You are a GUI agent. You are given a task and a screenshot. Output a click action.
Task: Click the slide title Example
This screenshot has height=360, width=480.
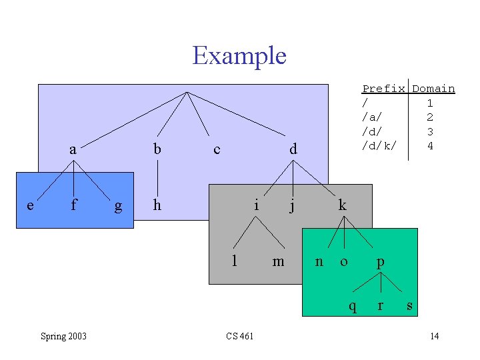coord(239,55)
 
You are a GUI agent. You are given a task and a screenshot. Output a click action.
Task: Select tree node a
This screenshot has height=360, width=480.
coord(73,150)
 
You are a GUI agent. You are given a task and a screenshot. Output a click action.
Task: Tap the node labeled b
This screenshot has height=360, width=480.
coord(157,150)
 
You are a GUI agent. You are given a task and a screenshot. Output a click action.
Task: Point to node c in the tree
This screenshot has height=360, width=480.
coord(217,150)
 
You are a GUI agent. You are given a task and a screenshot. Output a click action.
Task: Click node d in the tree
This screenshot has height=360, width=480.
coord(293,150)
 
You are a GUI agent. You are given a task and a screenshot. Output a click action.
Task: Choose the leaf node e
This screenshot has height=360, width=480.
coord(30,205)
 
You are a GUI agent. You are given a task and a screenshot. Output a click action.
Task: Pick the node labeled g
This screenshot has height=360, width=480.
coord(118,206)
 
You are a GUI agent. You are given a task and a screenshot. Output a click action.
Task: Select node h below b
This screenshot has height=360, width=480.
coord(157,205)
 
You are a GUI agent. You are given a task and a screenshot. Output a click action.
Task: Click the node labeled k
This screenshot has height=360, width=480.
coord(342,205)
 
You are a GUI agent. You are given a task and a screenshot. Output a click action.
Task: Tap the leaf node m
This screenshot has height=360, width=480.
coord(278,261)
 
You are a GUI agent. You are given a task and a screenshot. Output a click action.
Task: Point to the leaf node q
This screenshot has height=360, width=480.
coord(353,307)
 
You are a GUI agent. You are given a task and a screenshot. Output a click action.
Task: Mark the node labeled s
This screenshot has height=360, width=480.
coord(409,306)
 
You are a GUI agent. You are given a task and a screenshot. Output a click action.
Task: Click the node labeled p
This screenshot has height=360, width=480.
coord(380,262)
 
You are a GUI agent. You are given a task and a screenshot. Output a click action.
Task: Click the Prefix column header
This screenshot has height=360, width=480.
coord(383,89)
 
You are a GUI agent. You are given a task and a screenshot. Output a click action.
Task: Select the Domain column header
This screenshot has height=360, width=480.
coord(433,89)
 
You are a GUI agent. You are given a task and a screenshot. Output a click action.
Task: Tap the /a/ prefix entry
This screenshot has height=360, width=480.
coord(372,117)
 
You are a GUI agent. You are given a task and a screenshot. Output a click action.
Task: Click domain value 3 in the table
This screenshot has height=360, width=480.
coord(430,131)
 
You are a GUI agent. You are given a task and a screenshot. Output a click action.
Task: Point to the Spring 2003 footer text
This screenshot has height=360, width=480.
coord(63,336)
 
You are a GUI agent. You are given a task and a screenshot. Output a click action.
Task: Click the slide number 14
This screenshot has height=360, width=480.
coord(434,336)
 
